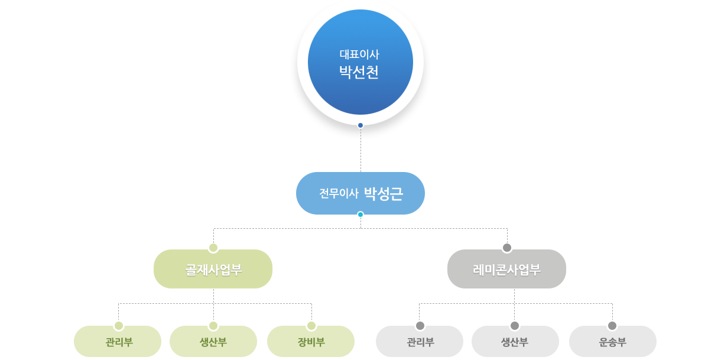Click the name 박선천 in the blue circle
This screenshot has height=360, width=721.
(359, 72)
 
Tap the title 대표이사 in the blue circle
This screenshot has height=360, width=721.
(359, 54)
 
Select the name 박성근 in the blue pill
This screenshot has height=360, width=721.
(384, 193)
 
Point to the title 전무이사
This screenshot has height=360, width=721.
(339, 193)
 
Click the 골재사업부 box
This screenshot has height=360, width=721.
(213, 269)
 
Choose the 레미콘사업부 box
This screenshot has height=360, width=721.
(506, 269)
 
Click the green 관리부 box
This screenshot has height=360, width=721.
(118, 341)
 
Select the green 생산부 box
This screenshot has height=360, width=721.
(213, 341)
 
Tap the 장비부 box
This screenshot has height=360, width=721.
(311, 341)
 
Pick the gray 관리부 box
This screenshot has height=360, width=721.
(420, 341)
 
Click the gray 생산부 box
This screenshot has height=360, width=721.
(515, 341)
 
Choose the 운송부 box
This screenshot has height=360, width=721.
(613, 341)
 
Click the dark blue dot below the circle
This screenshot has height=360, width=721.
(360, 125)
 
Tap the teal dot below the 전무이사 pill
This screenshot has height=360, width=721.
(360, 215)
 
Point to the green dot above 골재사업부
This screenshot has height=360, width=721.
(213, 248)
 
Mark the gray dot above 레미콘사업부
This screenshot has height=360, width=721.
(507, 248)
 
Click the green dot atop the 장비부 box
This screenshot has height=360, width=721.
(311, 326)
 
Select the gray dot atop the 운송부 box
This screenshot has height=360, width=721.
(612, 326)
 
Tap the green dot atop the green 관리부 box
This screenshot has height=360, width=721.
(119, 326)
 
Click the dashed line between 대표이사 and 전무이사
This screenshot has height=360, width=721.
(360, 150)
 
